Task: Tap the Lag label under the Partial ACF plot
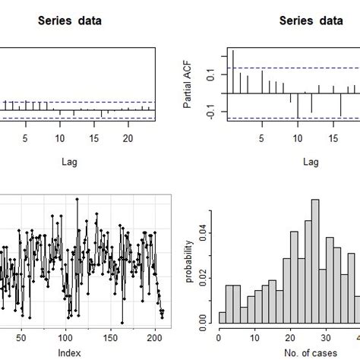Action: [311, 161]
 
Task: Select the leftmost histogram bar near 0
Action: [223, 318]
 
